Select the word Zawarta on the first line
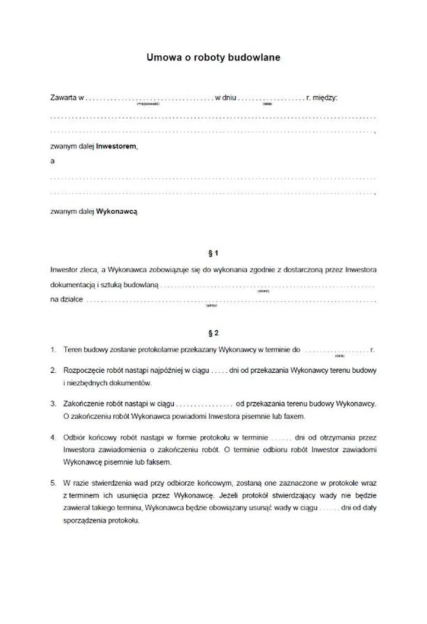(x=64, y=97)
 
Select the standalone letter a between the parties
(x=53, y=161)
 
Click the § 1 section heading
(x=213, y=252)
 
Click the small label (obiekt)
(x=263, y=291)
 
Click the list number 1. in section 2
(x=53, y=350)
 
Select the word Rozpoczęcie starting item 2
(x=84, y=370)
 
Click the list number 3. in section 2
(x=53, y=404)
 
